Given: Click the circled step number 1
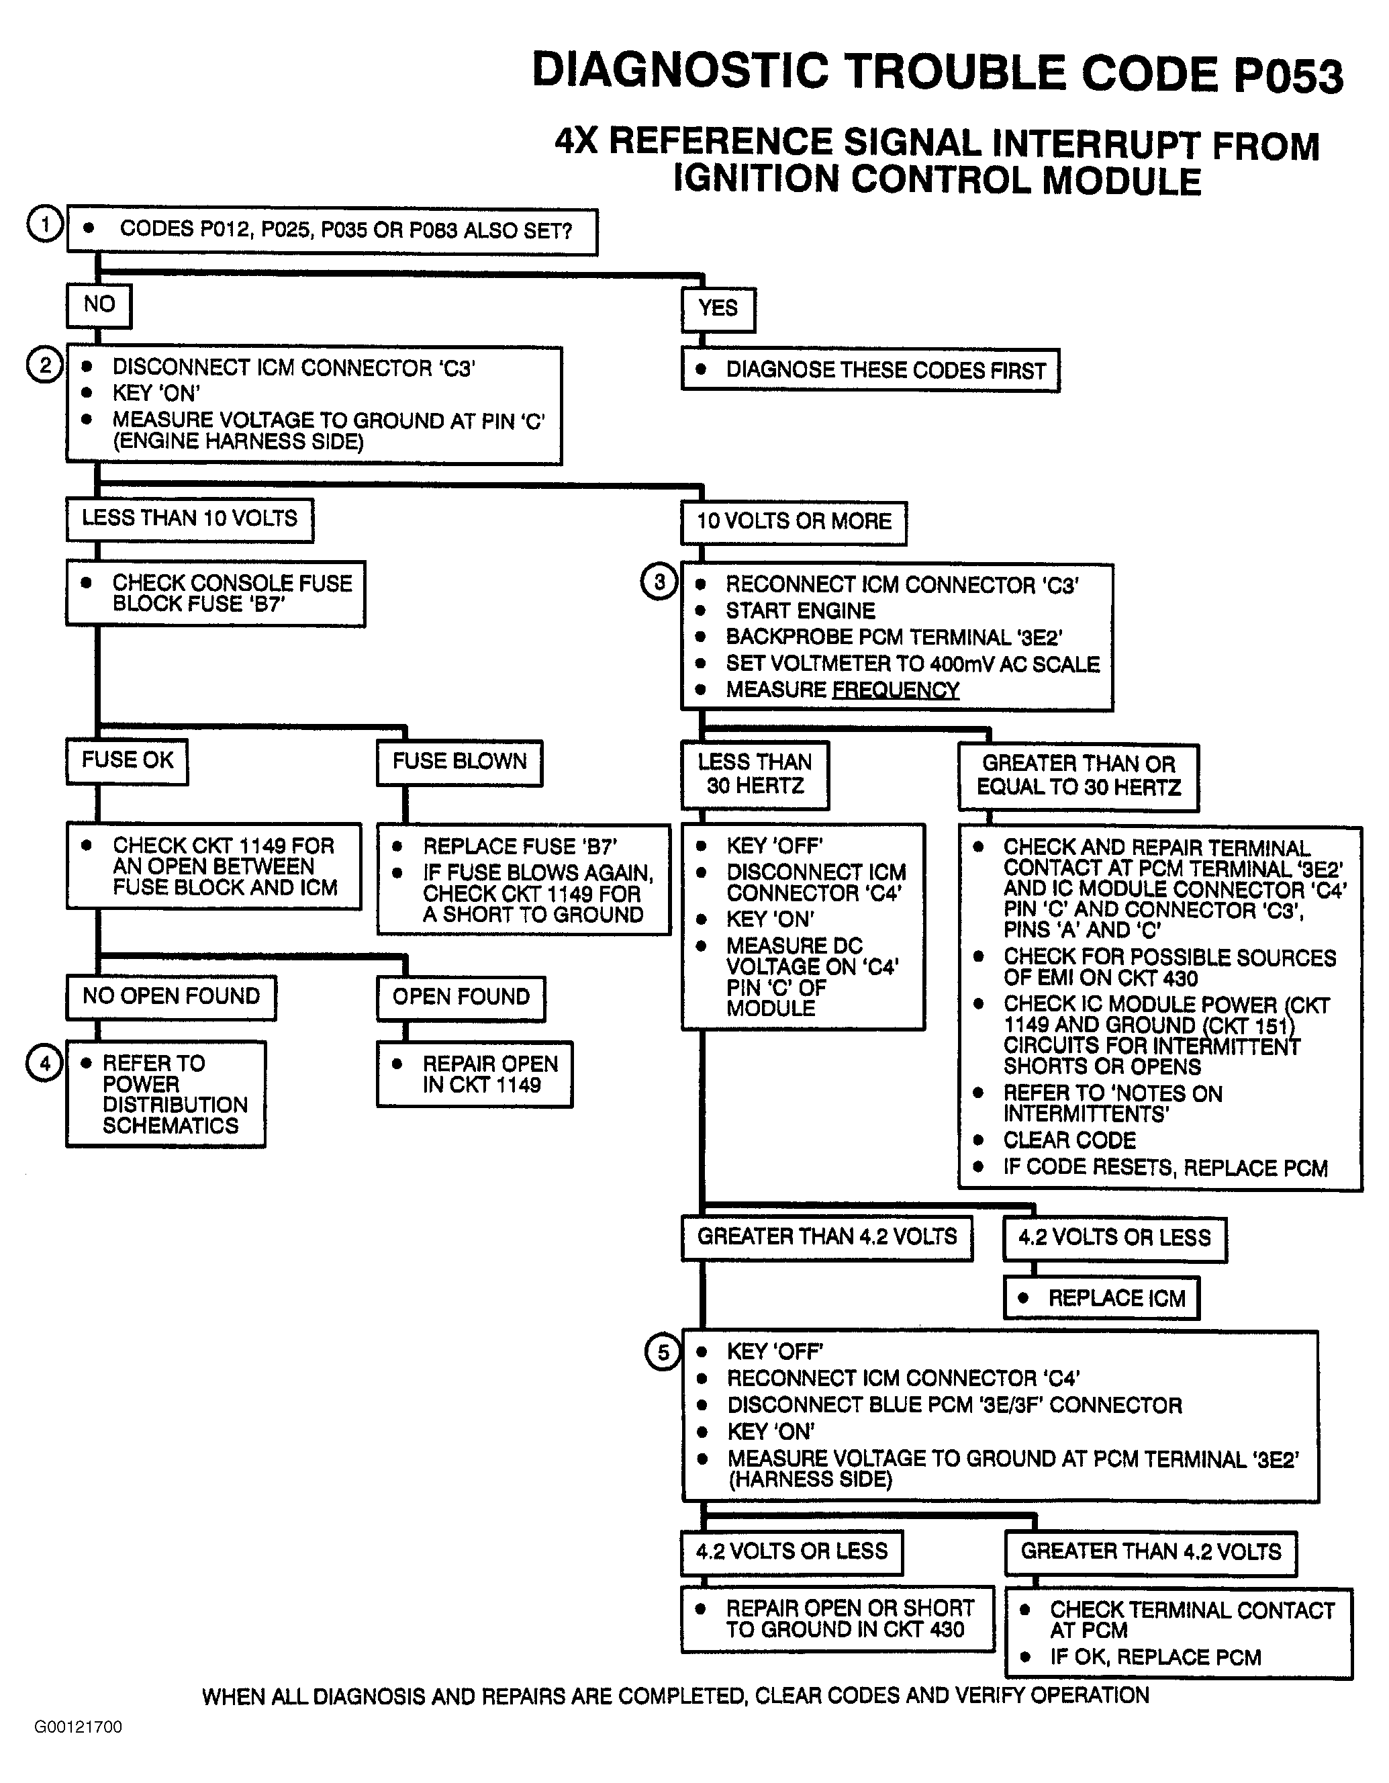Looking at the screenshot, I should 45,224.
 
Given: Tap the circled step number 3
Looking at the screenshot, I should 659,582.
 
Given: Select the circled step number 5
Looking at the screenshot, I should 663,1353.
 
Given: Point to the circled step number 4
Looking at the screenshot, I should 45,1063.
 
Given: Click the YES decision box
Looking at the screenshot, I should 718,309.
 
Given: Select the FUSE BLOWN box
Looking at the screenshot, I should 459,762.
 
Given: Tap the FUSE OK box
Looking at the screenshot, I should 128,761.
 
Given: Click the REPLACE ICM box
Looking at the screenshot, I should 1101,1298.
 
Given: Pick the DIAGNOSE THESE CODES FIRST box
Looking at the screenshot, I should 870,371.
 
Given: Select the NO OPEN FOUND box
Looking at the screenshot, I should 171,996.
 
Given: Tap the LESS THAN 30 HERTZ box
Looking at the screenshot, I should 755,774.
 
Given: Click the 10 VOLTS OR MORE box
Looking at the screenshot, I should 794,522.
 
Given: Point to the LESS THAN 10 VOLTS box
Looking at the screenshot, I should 189,518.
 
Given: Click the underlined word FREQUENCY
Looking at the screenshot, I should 896,690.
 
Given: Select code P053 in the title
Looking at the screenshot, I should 1287,75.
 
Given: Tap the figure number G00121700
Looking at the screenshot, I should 79,1727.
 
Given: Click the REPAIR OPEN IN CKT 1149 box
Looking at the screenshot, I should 475,1074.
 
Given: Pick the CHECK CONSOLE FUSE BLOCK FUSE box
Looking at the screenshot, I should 215,593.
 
